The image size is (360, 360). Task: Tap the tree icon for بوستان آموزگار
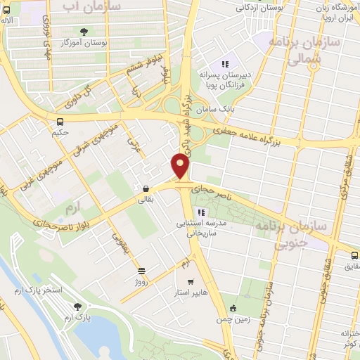click(x=84, y=32)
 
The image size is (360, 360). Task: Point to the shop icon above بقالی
click(x=145, y=188)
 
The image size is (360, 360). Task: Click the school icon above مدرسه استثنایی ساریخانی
click(x=201, y=212)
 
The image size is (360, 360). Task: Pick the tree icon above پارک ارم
click(x=77, y=307)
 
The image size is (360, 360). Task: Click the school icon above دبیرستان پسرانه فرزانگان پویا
click(x=226, y=64)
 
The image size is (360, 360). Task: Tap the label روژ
click(x=142, y=281)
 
